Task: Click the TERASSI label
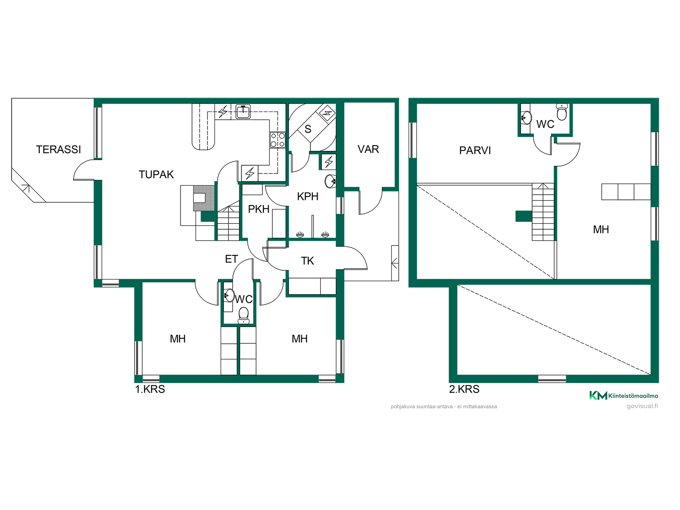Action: coord(58,149)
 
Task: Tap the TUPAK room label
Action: coord(156,175)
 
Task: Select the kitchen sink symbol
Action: coord(243,111)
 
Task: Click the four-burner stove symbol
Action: coord(278,140)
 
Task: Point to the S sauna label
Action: coord(308,129)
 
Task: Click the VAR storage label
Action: coord(368,149)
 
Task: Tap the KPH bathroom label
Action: coord(308,196)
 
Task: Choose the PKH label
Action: coord(259,209)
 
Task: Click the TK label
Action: coord(307,261)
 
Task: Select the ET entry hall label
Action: coord(232,259)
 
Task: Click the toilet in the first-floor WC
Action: coord(244,315)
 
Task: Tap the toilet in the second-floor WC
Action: coord(562,112)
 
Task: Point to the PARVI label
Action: coord(475,151)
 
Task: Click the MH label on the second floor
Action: coord(601,229)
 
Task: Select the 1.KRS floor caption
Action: coord(150,389)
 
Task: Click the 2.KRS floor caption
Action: coord(464,389)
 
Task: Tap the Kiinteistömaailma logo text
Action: coord(633,396)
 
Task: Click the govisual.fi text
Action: coord(642,406)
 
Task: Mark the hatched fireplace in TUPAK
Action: coord(204,198)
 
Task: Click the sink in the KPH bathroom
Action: coord(330,181)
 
